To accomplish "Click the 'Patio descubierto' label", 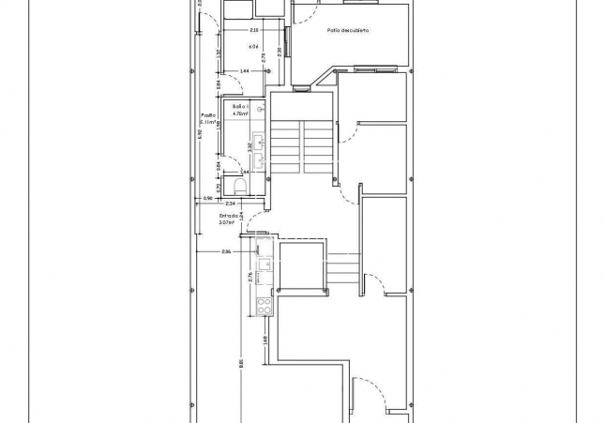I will [348, 31].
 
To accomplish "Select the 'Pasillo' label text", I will [208, 116].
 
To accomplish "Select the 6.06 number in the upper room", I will [253, 46].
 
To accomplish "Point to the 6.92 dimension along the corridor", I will [200, 133].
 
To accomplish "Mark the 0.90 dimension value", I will [208, 199].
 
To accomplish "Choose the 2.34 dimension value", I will [231, 203].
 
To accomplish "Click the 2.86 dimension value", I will [226, 252].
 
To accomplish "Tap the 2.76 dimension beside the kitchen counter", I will [250, 277].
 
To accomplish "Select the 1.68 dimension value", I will [266, 339].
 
